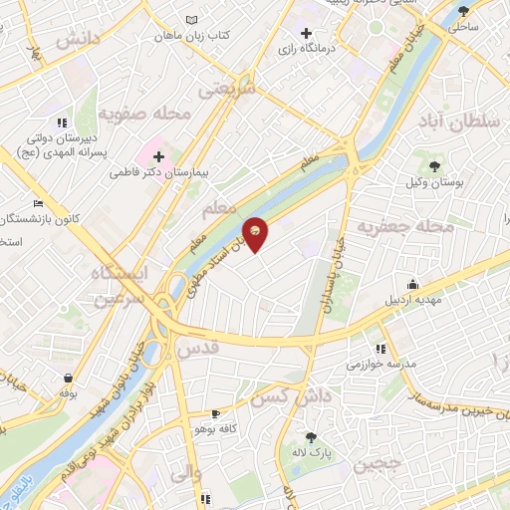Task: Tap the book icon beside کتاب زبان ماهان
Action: coord(192,20)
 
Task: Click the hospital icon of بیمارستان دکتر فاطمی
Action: coord(158,155)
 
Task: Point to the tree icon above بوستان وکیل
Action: coord(433,166)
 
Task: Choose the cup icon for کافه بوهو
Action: coord(216,413)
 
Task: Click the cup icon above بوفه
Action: coord(68,379)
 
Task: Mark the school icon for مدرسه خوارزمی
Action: coord(381,349)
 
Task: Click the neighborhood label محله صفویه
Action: coord(149,115)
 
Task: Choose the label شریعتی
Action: coord(227,89)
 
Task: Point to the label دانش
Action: coord(80,41)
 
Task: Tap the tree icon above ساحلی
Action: coord(463,12)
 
